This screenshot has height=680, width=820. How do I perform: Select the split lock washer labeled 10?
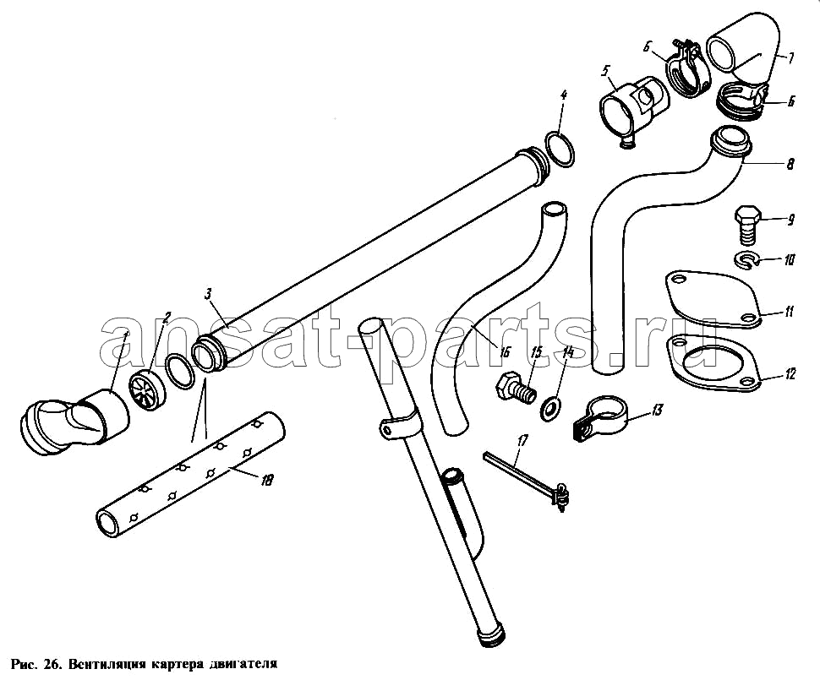[x=746, y=260]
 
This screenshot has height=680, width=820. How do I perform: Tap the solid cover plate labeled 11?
[x=712, y=299]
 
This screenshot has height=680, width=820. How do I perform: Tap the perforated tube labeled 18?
[x=191, y=470]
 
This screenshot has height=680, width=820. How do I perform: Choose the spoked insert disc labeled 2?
[x=147, y=388]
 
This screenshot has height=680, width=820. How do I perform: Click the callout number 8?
[x=790, y=164]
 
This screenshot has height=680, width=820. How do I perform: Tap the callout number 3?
[x=208, y=294]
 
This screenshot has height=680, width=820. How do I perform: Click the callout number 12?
[x=790, y=373]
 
